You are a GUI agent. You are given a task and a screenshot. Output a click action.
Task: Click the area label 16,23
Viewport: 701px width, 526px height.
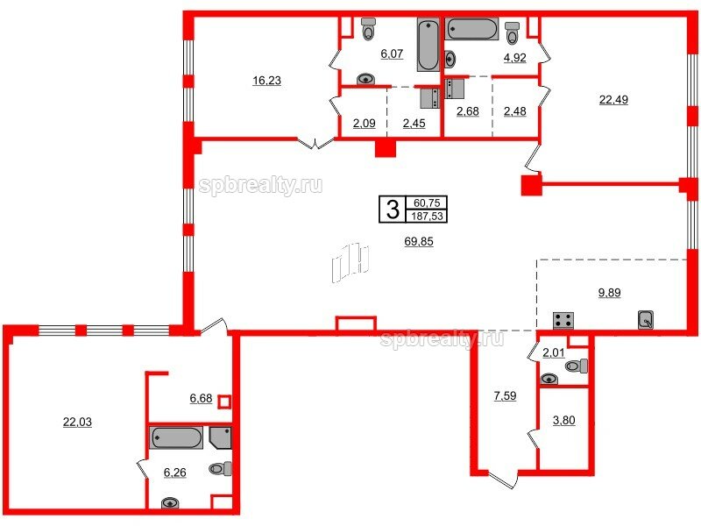(267, 81)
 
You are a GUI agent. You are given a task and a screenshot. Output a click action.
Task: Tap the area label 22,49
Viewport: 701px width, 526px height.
(613, 99)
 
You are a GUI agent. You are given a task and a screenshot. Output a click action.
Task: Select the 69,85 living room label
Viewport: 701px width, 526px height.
(419, 242)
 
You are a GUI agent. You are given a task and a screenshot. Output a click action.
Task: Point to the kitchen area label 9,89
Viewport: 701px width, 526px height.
(609, 293)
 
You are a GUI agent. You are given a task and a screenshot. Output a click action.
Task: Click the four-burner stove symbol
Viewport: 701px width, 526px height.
(563, 320)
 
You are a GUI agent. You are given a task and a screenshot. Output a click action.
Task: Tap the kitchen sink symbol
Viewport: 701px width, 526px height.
(646, 319)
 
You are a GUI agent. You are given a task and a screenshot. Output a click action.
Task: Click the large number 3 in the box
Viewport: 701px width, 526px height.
(392, 210)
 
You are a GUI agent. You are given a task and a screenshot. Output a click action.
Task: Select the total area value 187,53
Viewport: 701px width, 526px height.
(427, 217)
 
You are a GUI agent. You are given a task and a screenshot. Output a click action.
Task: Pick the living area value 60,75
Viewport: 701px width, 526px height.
(427, 203)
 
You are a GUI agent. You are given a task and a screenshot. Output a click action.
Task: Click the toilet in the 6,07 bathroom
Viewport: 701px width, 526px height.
(368, 29)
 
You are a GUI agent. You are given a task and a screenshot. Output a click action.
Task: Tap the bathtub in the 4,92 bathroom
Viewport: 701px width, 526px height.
(472, 29)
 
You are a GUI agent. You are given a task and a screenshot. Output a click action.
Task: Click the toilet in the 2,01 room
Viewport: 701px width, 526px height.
(577, 366)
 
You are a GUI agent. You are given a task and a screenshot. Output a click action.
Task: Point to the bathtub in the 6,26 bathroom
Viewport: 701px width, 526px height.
(176, 437)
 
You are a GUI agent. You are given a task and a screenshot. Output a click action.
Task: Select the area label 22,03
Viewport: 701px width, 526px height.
(77, 422)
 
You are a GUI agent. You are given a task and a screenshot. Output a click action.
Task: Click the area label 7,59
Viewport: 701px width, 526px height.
(506, 396)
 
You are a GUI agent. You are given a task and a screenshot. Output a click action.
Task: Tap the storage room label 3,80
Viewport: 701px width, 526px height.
(563, 421)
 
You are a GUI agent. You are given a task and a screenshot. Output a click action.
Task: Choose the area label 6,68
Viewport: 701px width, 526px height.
(201, 398)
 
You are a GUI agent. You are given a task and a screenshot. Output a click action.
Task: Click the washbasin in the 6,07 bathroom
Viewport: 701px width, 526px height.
(366, 79)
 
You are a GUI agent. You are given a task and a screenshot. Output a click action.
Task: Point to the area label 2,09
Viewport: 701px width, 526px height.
(364, 123)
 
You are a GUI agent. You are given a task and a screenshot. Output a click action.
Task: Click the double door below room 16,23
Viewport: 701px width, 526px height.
(315, 144)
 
